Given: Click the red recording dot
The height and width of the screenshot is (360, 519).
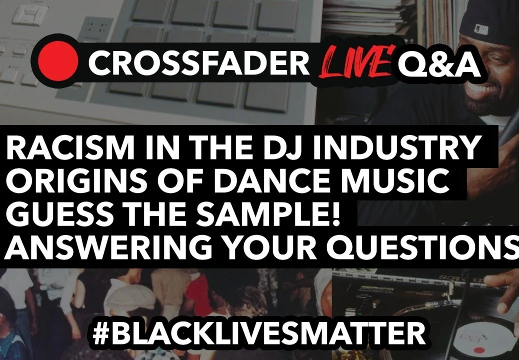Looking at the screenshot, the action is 58,61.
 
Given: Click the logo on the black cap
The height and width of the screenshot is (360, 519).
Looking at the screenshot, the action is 481,29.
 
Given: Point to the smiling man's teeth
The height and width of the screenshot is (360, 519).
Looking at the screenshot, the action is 482,88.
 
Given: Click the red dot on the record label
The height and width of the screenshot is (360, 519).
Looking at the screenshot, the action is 477,349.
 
